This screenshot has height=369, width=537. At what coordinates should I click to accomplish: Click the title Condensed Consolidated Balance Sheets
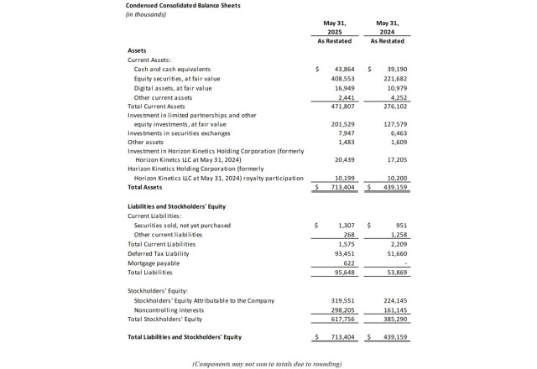182,6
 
